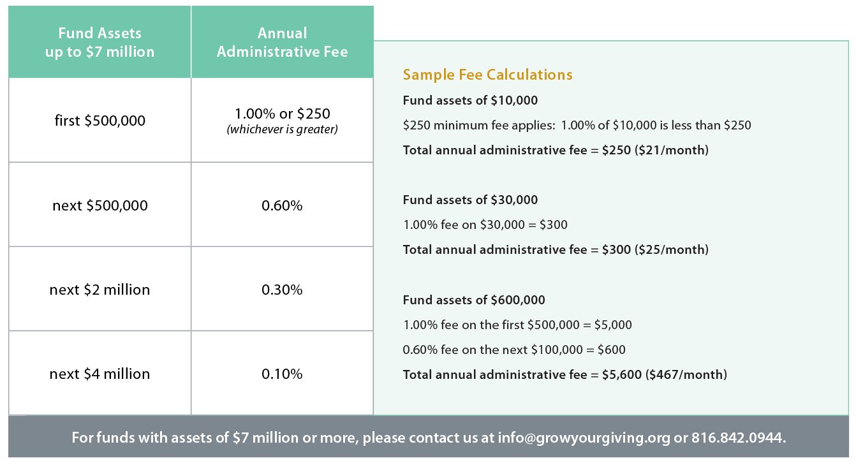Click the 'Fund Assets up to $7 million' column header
(100, 42)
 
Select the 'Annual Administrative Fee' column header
(282, 42)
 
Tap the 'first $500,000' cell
(100, 120)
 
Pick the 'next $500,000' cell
(100, 205)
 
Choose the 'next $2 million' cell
(100, 290)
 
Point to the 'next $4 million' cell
(100, 374)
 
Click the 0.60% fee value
(282, 205)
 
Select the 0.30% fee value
(282, 290)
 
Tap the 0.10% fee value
(282, 374)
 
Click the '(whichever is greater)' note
(282, 129)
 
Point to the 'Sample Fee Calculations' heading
(487, 75)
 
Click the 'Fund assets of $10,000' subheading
(470, 100)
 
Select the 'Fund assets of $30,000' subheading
(470, 200)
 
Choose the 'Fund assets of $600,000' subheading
(474, 300)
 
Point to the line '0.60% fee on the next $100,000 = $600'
(514, 350)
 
